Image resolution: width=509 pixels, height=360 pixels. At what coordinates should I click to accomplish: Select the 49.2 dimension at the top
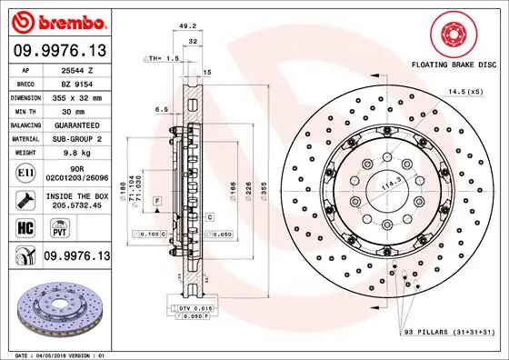[x=190, y=25]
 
